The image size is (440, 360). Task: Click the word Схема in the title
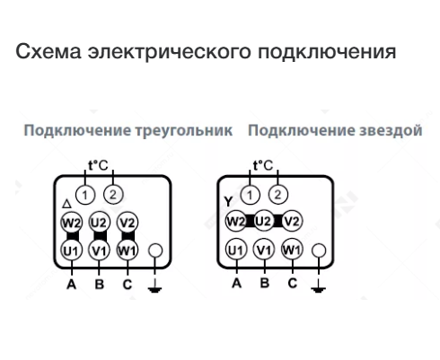[48, 51]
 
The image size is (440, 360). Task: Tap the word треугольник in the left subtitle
[183, 131]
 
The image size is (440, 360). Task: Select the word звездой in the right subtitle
[391, 130]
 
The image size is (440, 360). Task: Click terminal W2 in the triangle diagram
[71, 223]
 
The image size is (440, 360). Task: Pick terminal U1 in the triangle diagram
[71, 250]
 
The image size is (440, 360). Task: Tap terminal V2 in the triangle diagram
[128, 223]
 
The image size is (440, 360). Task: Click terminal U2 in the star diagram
[263, 222]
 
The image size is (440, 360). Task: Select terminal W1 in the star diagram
[292, 250]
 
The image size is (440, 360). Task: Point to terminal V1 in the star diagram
[264, 250]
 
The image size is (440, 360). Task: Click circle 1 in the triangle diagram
[85, 195]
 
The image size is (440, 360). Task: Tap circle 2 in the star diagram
[278, 195]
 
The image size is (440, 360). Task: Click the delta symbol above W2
[66, 204]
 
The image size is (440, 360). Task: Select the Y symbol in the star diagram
[228, 202]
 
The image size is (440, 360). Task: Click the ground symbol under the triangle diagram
[154, 286]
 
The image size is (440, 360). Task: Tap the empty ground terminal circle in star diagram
[319, 250]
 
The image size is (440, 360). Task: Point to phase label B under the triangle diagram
[100, 285]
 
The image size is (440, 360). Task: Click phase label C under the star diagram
[293, 283]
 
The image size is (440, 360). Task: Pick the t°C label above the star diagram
[263, 165]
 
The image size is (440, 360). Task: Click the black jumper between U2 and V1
[100, 236]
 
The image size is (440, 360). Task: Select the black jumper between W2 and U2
[250, 222]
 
